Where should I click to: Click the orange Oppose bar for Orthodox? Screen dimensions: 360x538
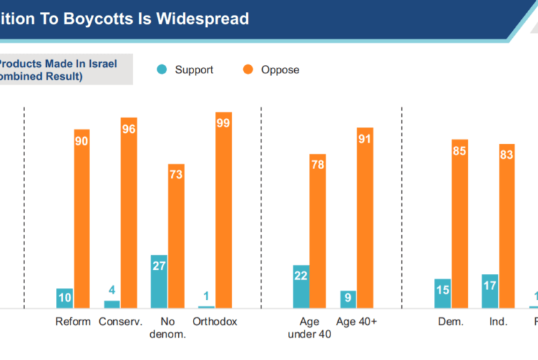(x=224, y=210)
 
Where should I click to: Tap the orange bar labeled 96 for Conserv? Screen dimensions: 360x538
(x=129, y=213)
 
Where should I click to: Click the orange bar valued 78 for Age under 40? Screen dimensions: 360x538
(x=318, y=231)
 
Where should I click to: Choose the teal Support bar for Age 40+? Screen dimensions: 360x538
(x=348, y=299)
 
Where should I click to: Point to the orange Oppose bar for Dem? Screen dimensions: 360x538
(x=459, y=224)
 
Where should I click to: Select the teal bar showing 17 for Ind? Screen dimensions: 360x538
(x=490, y=291)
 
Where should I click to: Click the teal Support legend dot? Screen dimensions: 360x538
(x=162, y=70)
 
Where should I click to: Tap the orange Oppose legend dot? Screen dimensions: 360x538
(x=247, y=70)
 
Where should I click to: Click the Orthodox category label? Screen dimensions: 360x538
(x=215, y=322)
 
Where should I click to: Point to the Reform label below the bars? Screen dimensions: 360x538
(x=73, y=322)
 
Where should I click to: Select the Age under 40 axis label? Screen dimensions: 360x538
(x=310, y=328)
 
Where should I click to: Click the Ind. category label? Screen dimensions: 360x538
(x=499, y=322)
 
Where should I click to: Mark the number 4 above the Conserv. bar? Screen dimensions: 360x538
(x=112, y=290)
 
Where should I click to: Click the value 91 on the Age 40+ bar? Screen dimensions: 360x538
(x=365, y=138)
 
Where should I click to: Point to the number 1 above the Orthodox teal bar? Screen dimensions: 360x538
(x=206, y=296)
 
